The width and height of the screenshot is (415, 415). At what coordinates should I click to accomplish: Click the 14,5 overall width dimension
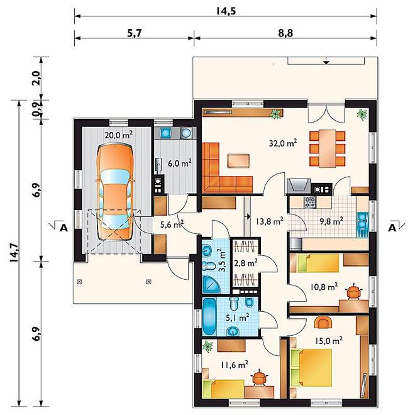(226, 11)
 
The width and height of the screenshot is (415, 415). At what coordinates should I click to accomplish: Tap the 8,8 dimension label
(285, 33)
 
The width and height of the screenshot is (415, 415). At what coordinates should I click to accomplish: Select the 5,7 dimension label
(135, 33)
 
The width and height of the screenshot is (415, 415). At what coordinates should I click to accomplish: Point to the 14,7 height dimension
(14, 252)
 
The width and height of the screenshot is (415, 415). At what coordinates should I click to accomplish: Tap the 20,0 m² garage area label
(119, 135)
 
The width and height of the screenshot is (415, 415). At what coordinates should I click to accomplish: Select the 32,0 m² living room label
(283, 143)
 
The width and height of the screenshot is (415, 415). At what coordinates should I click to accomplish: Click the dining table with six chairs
(328, 148)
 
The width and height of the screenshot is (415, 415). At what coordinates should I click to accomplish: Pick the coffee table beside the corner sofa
(238, 160)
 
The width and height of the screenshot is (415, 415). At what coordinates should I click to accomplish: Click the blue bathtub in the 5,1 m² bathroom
(209, 316)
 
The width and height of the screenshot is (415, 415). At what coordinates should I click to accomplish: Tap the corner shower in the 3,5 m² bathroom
(211, 284)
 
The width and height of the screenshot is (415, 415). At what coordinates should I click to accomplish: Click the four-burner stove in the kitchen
(309, 202)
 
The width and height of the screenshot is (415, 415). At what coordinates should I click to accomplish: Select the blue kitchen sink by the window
(363, 220)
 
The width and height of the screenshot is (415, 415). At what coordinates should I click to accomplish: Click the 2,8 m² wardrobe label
(246, 263)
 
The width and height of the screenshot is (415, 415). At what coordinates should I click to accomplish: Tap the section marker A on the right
(392, 228)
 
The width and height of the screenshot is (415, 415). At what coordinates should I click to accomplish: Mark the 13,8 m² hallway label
(270, 221)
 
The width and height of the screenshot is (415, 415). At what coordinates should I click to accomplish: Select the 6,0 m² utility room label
(180, 163)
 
